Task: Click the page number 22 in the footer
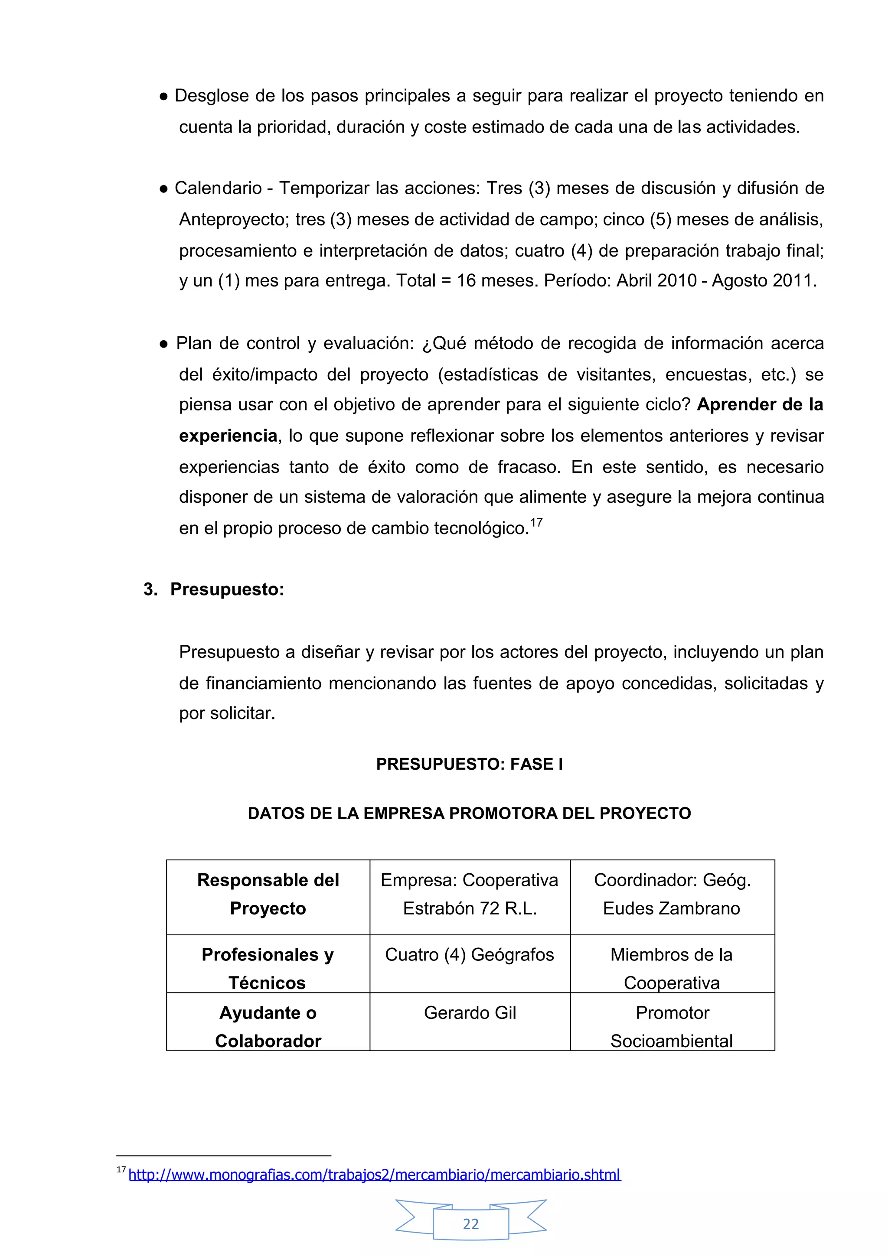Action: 470,1224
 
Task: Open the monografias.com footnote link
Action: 374,1175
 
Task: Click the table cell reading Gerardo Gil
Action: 470,1012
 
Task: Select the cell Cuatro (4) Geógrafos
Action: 470,955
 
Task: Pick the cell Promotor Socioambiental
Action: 672,1026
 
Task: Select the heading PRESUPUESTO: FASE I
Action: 470,764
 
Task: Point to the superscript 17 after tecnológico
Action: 536,522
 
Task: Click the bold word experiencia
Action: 228,436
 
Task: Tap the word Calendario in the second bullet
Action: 218,188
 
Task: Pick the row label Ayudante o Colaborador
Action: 268,1026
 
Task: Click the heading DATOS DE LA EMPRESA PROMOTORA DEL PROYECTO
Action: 470,813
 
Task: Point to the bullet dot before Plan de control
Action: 163,344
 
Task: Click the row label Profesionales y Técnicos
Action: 268,968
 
